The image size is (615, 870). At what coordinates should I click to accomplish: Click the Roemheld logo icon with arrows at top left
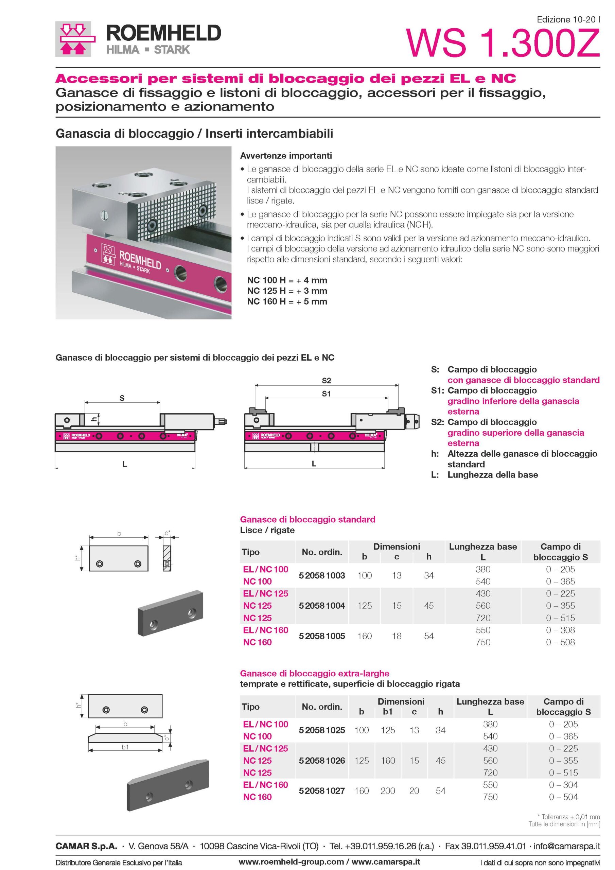[x=73, y=39]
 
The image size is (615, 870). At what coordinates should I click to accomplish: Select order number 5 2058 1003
[x=322, y=575]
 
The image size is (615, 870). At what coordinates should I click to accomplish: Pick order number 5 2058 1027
[x=322, y=790]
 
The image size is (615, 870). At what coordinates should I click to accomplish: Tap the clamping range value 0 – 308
[x=560, y=630]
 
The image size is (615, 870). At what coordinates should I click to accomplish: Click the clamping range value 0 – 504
[x=563, y=797]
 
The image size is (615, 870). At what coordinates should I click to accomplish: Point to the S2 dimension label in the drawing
[x=326, y=380]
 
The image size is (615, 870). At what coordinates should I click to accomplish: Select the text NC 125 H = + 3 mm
[x=287, y=291]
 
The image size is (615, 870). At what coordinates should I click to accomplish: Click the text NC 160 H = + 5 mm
[x=287, y=302]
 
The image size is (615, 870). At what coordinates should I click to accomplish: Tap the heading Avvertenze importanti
[x=286, y=156]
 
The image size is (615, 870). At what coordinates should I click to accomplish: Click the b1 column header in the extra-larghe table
[x=388, y=712]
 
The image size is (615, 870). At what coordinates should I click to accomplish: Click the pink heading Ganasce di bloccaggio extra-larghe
[x=315, y=673]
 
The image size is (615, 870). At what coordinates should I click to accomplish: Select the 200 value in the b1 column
[x=388, y=790]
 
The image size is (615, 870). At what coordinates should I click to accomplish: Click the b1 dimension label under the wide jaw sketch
[x=125, y=747]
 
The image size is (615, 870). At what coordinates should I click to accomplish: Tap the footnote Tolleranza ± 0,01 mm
[x=568, y=817]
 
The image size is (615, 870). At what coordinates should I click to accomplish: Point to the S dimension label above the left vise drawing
[x=122, y=398]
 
